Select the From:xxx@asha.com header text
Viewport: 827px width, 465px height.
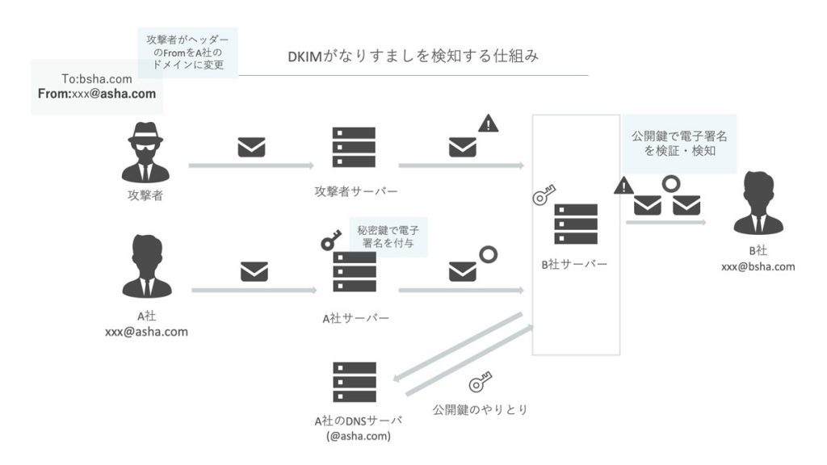coord(97,94)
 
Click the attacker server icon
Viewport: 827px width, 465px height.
coord(355,148)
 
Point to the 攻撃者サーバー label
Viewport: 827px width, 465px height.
coord(356,191)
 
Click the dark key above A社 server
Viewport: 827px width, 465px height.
coord(330,240)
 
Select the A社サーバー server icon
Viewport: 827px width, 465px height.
coord(355,273)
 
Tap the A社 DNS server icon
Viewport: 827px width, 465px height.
coord(355,384)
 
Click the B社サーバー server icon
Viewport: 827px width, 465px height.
coord(576,224)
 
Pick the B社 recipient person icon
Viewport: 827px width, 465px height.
coord(758,201)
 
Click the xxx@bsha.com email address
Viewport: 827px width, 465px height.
coord(758,266)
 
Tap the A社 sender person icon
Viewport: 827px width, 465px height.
coord(146,266)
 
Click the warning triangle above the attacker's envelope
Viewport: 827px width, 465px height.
coord(489,124)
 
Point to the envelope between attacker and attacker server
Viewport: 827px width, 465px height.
coord(251,149)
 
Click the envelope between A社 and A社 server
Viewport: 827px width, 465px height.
coord(254,273)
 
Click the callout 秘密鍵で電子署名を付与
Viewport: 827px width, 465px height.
coord(388,236)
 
